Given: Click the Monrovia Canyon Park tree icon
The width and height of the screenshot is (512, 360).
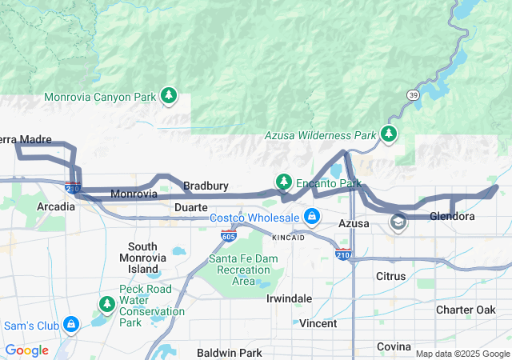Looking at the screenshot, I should click(x=168, y=96).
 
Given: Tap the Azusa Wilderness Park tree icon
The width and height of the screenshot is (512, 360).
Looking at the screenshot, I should click(x=388, y=133).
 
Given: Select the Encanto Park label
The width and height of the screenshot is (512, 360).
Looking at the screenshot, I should click(x=328, y=183).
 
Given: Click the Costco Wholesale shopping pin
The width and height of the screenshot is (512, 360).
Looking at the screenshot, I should click(x=311, y=217).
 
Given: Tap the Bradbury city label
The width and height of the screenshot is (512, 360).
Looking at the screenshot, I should click(x=206, y=186).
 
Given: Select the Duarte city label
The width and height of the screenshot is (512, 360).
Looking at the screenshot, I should click(x=191, y=206).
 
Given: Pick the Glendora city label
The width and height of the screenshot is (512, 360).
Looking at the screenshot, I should click(x=452, y=216).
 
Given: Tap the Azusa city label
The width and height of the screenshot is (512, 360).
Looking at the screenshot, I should click(x=353, y=223).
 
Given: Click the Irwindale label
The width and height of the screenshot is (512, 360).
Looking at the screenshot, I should click(x=289, y=298).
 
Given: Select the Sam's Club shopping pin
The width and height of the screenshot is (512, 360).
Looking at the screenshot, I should click(x=71, y=324).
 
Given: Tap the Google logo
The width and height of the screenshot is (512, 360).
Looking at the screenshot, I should click(x=26, y=350).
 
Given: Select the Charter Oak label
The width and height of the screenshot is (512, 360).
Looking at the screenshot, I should click(x=466, y=309).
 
